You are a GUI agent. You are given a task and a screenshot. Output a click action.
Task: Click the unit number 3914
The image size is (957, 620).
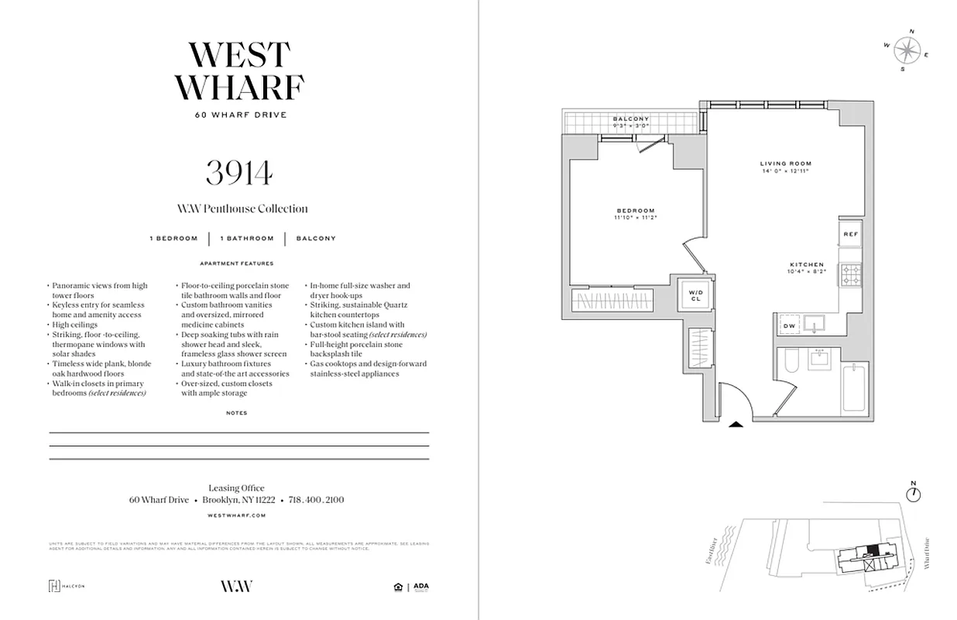pyautogui.click(x=239, y=172)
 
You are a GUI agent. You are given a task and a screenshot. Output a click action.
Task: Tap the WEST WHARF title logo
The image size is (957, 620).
pyautogui.click(x=239, y=71)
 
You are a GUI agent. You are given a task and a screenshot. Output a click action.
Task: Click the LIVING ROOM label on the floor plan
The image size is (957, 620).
pyautogui.click(x=785, y=164)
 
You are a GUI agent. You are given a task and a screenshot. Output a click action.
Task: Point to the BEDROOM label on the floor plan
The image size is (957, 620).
pyautogui.click(x=636, y=211)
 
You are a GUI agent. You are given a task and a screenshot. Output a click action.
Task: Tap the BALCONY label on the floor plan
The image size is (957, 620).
pyautogui.click(x=630, y=119)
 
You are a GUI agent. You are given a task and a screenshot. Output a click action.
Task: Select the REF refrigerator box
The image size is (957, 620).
pyautogui.click(x=850, y=234)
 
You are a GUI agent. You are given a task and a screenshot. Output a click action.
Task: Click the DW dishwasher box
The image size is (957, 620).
pyautogui.click(x=788, y=326)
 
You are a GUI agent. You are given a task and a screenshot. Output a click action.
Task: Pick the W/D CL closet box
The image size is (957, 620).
pyautogui.click(x=695, y=294)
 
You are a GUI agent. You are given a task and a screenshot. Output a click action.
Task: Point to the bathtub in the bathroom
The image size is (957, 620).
pyautogui.click(x=853, y=389)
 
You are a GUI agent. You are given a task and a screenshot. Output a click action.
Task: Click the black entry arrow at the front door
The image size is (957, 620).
pyautogui.click(x=735, y=423)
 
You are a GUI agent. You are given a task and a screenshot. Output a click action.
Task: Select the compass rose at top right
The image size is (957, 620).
pyautogui.click(x=905, y=50)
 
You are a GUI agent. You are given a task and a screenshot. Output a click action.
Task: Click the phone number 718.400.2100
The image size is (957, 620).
pyautogui.click(x=316, y=501)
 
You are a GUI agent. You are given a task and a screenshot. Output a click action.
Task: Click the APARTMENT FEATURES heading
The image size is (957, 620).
pyautogui.click(x=237, y=263)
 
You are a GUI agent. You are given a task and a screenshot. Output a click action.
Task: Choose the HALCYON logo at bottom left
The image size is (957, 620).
pyautogui.click(x=67, y=586)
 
